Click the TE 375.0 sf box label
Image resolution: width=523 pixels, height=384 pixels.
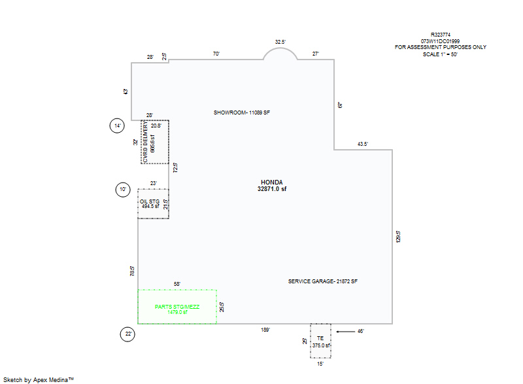click(x=321, y=342)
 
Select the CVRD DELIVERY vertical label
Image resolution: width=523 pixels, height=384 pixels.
click(x=145, y=142)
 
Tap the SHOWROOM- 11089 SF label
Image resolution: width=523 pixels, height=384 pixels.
click(x=242, y=113)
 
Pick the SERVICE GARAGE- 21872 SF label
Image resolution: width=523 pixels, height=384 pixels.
click(x=322, y=281)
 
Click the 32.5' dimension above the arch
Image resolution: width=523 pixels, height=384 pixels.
click(x=280, y=42)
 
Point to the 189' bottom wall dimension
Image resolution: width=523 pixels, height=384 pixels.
click(x=265, y=330)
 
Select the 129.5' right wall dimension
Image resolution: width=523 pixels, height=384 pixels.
click(x=398, y=237)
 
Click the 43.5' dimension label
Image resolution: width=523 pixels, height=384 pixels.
click(x=363, y=144)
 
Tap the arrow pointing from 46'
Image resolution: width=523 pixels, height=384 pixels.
click(x=346, y=332)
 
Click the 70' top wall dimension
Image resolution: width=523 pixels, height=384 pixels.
click(x=216, y=54)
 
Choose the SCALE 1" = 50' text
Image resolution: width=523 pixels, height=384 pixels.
click(x=440, y=54)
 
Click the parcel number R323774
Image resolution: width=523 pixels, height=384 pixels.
click(x=440, y=35)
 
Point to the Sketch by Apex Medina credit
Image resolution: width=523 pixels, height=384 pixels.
click(x=39, y=379)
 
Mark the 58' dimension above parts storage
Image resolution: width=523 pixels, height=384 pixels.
click(x=177, y=284)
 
